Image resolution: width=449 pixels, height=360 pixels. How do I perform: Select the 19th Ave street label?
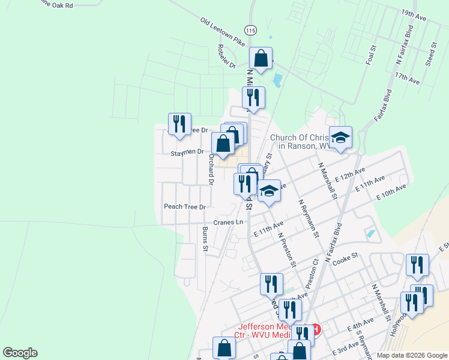click(x=414, y=15)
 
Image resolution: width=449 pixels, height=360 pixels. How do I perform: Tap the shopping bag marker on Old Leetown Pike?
click(x=261, y=59)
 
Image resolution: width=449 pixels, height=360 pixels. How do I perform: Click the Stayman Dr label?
click(x=187, y=152)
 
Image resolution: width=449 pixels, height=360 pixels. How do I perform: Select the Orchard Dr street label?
click(x=211, y=169)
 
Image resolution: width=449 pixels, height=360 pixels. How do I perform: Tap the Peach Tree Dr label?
click(x=185, y=206)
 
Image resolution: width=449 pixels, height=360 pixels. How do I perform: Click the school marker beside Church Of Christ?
click(x=340, y=137)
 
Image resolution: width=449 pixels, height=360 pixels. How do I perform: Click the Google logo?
click(x=20, y=353)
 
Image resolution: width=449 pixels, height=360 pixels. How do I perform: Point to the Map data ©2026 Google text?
click(x=411, y=356)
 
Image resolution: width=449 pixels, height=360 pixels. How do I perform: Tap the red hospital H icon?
click(x=316, y=329)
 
